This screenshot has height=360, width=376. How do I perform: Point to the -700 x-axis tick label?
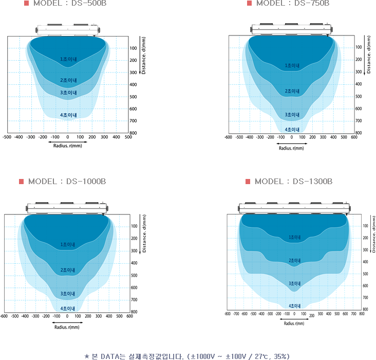click(x=236, y=313)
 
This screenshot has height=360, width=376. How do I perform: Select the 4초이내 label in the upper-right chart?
click(x=292, y=130)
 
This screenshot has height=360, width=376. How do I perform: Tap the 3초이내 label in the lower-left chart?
click(x=68, y=294)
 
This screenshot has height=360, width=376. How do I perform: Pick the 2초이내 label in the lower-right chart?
click(x=295, y=261)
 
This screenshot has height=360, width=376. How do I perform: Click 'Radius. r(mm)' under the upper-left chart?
click(x=67, y=146)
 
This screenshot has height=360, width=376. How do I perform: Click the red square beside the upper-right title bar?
click(x=249, y=3)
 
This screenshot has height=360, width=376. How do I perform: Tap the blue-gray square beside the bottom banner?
click(x=87, y=356)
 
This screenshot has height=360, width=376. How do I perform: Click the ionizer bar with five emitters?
click(x=294, y=207)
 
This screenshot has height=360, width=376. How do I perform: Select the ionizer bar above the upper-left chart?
click(x=67, y=30)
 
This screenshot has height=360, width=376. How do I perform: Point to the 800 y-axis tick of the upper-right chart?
click(x=358, y=133)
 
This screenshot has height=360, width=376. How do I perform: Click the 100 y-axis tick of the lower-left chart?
click(x=134, y=226)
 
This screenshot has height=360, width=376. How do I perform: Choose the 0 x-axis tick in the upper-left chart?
click(x=68, y=137)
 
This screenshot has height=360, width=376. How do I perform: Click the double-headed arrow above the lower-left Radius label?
click(x=67, y=322)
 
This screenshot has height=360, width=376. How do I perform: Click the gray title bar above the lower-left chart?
click(x=67, y=182)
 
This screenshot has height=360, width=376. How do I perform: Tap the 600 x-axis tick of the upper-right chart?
click(x=354, y=137)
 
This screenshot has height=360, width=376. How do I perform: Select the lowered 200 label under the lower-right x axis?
click(x=311, y=316)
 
